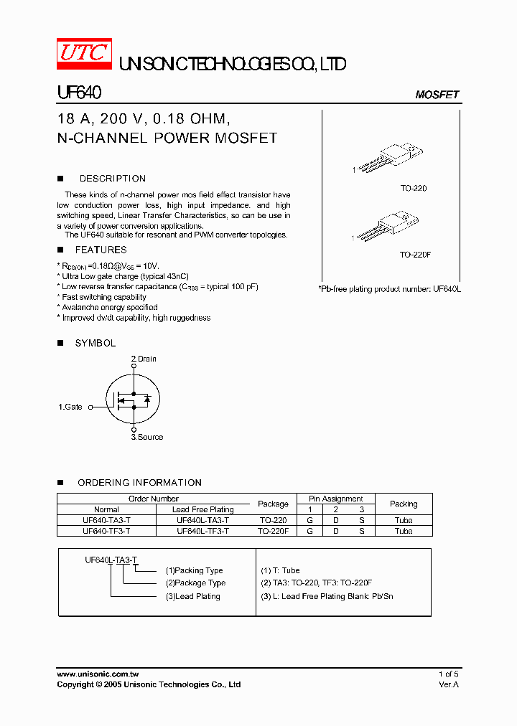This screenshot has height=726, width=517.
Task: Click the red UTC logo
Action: point(84,53)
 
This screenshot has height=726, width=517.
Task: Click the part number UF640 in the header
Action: point(79,93)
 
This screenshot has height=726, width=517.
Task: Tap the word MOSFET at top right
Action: point(437,95)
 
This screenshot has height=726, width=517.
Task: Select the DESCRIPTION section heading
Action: point(112,179)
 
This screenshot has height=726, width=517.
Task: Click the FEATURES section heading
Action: point(101,250)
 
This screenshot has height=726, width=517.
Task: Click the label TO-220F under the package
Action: point(415,255)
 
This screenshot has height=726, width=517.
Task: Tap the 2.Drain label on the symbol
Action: point(144,359)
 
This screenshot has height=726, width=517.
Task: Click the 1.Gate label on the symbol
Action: point(70,407)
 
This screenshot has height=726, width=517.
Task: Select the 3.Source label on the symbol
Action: point(146,437)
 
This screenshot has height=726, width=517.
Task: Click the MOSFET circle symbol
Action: point(133,399)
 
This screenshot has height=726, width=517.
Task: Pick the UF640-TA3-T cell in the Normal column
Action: point(106,520)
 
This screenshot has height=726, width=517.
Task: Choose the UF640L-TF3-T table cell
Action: point(202,531)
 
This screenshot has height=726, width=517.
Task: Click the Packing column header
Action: point(404,504)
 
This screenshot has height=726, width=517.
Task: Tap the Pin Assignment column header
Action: point(336,499)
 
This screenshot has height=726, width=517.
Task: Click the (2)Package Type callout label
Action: point(195,583)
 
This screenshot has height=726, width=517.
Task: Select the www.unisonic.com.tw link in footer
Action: point(97,674)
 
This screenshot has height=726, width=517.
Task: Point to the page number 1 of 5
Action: point(448,674)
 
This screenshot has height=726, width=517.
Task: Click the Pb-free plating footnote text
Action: point(389,288)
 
